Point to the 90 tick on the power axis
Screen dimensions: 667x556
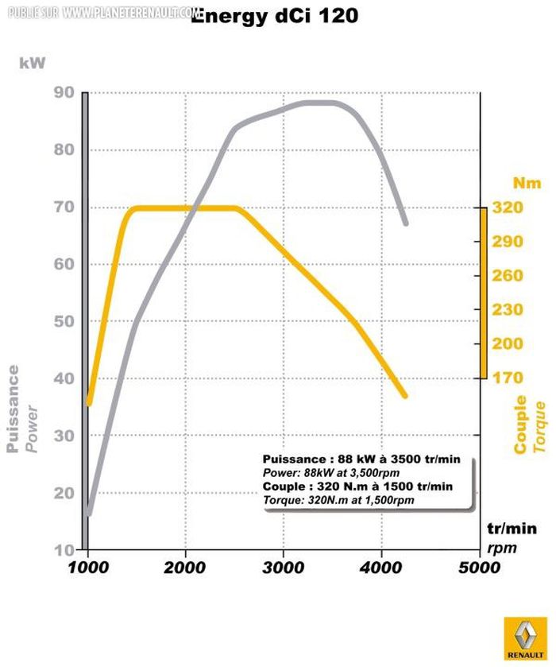click(x=63, y=93)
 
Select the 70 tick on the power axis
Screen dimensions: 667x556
click(x=63, y=207)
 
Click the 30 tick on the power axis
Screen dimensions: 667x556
click(x=63, y=436)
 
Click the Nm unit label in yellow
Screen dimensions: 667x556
click(x=525, y=184)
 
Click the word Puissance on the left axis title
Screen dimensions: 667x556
click(x=14, y=409)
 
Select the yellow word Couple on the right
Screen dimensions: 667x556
click(x=520, y=425)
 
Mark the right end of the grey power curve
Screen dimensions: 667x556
click(x=405, y=223)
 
